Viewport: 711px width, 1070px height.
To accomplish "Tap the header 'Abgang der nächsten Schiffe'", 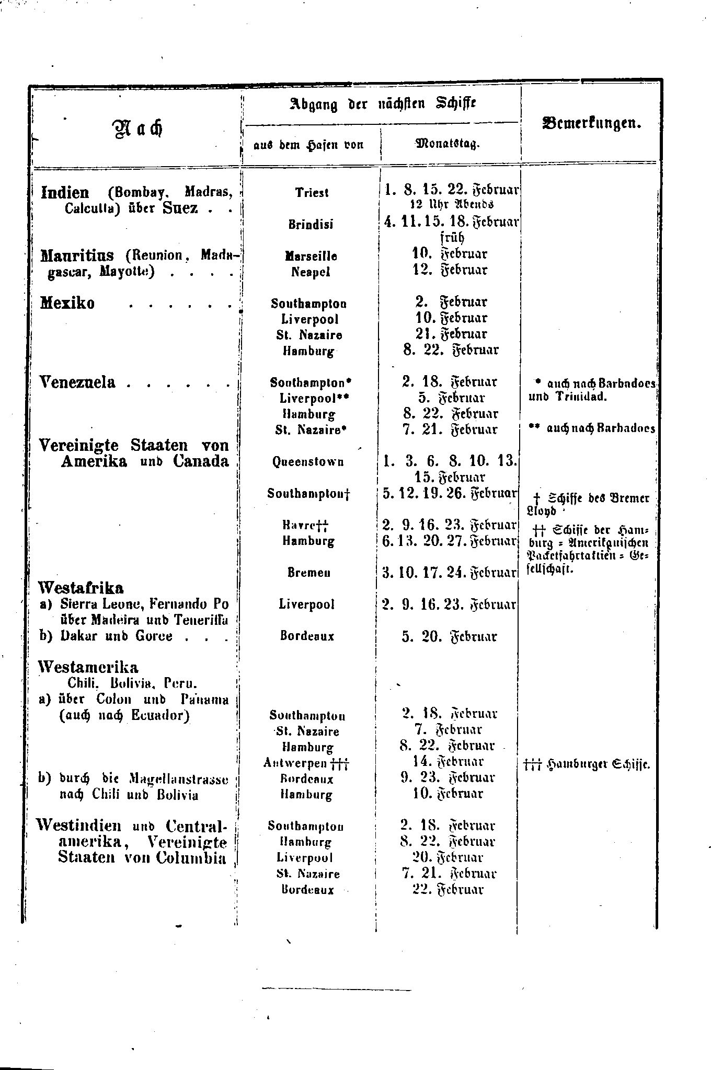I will (x=383, y=103).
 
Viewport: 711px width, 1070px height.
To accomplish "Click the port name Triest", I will (x=312, y=192).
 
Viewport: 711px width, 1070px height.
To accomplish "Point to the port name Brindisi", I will (x=311, y=224).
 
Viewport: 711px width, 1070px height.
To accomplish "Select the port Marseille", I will (x=311, y=256).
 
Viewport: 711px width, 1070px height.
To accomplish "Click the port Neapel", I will (x=311, y=272).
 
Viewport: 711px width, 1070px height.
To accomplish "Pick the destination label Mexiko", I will (x=67, y=303).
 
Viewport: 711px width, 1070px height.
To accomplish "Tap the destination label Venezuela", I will (x=77, y=382).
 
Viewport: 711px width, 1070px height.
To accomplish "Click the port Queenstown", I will (x=308, y=462).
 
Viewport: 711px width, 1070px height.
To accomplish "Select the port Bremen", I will (x=308, y=573).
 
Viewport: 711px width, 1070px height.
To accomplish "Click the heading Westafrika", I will (x=81, y=588).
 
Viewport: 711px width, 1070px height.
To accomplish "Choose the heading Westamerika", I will (x=88, y=667).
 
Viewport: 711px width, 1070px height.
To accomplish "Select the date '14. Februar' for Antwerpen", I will (x=448, y=762).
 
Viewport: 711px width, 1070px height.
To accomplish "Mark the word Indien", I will (x=65, y=192).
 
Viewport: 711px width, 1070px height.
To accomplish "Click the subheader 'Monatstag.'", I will (x=448, y=143).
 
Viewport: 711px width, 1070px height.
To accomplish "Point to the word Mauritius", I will (x=77, y=255).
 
